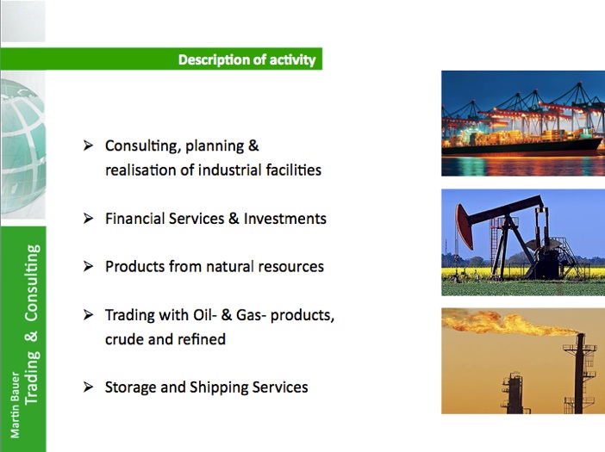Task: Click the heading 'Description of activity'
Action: pos(247,59)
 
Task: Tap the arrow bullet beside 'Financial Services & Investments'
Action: pos(89,219)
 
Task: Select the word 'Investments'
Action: pos(285,219)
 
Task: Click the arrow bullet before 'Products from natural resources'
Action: pos(89,266)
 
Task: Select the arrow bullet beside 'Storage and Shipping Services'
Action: pos(89,387)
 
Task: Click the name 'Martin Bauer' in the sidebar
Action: pos(15,405)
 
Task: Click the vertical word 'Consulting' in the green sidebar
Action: pos(32,283)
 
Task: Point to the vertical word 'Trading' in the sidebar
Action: pos(32,378)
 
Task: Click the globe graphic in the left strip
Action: pos(23,146)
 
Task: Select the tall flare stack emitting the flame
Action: pos(579,373)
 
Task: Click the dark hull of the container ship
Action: pos(521,148)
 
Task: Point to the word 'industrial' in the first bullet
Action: pos(229,170)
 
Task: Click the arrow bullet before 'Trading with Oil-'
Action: pos(89,315)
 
